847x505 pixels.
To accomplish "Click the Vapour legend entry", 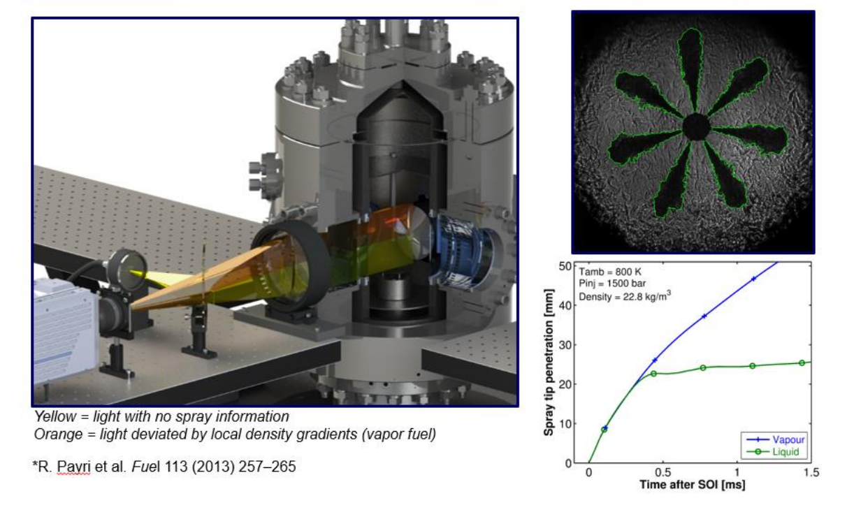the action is click(775, 439).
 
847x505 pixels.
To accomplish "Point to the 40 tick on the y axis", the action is click(565, 305).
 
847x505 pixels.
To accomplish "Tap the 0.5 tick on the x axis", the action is click(663, 472).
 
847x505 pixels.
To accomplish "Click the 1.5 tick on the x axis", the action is click(811, 472).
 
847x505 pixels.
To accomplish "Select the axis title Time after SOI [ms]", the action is click(693, 485).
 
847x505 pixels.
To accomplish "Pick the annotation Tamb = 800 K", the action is click(610, 272).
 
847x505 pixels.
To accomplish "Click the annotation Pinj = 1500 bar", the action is click(612, 284).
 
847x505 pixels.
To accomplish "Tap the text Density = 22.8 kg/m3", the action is click(625, 296).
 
